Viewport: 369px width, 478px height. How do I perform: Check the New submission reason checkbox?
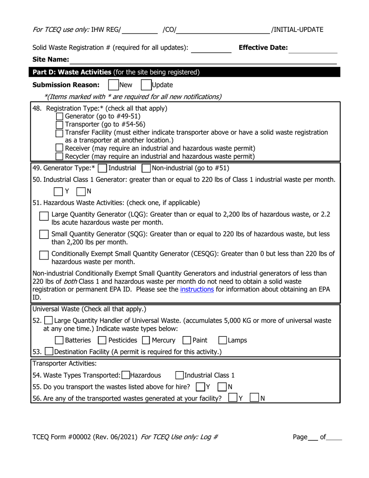[x=113, y=85]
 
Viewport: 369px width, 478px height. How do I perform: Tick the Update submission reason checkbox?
[x=146, y=85]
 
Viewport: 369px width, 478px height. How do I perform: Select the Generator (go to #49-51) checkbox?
[x=60, y=116]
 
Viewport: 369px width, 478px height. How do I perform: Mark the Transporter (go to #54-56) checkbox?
[x=60, y=124]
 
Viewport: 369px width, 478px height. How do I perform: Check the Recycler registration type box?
[x=60, y=156]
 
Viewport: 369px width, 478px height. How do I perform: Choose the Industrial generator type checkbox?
[x=103, y=168]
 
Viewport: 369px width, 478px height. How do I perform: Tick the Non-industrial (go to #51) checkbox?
[x=146, y=168]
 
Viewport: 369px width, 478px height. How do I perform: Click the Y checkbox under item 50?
[x=58, y=191]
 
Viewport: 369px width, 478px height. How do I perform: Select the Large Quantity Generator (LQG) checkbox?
[x=44, y=216]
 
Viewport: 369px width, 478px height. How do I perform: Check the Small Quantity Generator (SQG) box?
[x=44, y=235]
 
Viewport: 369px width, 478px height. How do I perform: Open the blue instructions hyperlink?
[x=197, y=290]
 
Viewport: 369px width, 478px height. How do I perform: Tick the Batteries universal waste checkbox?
[x=59, y=340]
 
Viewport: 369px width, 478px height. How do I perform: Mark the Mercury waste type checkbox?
[x=146, y=340]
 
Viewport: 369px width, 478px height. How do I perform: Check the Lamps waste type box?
[x=223, y=340]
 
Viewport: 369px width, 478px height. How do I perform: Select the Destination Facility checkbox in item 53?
[x=49, y=352]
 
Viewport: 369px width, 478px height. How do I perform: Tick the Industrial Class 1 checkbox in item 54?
[x=179, y=375]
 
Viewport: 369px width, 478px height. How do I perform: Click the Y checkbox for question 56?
[x=233, y=398]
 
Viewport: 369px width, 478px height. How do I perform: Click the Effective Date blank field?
[x=313, y=49]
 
